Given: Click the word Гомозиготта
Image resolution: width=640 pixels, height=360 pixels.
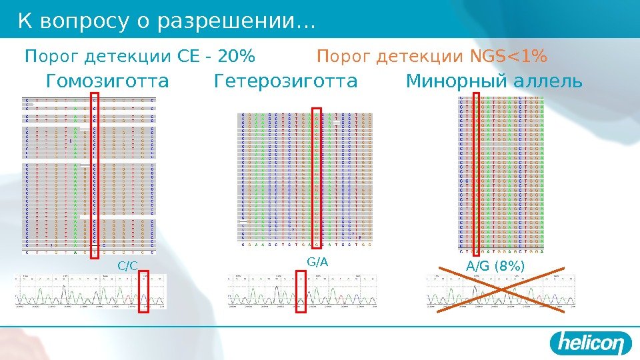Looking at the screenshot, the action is click(108, 82).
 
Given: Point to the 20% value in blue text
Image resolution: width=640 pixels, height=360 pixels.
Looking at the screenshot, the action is click(239, 58).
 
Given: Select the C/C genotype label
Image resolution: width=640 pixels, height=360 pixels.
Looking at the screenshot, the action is click(127, 266).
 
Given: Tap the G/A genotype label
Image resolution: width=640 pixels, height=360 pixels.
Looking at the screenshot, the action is click(318, 262).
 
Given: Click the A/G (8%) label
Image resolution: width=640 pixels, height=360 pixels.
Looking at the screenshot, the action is click(495, 267).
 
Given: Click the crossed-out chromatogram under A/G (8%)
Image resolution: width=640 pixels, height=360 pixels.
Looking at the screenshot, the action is click(500, 291).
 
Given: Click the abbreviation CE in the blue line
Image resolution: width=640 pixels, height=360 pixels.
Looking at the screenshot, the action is click(189, 58).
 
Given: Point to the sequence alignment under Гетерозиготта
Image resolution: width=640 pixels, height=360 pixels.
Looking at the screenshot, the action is click(305, 179).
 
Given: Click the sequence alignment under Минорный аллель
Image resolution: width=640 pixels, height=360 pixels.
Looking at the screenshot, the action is click(501, 175).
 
